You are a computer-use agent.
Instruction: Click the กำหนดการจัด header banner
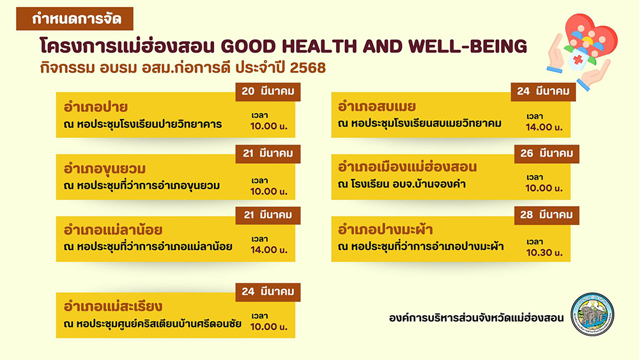[75, 19]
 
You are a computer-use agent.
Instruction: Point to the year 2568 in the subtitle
[308, 68]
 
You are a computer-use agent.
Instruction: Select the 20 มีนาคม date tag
[268, 91]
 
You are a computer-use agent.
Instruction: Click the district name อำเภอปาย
[96, 107]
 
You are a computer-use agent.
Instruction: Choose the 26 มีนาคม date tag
[546, 153]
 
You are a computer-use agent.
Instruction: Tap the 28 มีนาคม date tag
[546, 215]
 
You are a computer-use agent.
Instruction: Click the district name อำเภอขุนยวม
[105, 169]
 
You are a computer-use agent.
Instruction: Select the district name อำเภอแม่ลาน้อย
[113, 230]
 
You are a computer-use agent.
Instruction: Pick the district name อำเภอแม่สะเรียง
[113, 306]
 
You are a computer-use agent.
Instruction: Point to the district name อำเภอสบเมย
[377, 107]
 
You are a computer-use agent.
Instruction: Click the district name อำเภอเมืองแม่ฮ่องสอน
[407, 167]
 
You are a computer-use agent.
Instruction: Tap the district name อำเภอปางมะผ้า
[385, 230]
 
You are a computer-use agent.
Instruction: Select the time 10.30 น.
[544, 253]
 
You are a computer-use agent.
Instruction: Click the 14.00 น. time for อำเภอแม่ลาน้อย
[269, 250]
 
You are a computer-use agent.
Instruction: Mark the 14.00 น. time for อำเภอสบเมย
[544, 127]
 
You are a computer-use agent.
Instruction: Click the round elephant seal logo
[592, 314]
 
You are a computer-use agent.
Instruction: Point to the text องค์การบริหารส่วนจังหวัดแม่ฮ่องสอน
[477, 318]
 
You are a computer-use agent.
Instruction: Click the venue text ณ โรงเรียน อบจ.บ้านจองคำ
[402, 184]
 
